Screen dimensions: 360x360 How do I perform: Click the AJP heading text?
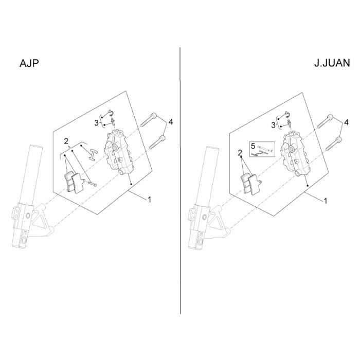tap(29, 63)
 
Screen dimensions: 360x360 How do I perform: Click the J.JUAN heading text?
tap(332, 63)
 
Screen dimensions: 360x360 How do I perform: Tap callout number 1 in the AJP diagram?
tap(150, 200)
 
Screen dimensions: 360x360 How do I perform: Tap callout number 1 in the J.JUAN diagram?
tap(326, 201)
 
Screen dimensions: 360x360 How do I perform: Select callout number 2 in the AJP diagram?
tap(66, 141)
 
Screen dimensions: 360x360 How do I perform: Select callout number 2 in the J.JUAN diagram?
tap(240, 152)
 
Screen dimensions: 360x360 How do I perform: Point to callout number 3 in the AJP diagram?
tap(97, 123)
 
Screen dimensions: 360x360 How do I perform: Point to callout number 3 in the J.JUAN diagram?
tap(273, 125)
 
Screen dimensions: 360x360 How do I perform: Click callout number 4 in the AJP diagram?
tap(170, 122)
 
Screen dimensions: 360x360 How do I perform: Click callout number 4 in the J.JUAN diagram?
tap(346, 122)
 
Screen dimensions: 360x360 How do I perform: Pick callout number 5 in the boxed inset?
tap(253, 146)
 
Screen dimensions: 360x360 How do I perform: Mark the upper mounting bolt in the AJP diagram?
tap(149, 119)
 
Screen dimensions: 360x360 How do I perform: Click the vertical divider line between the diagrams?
tap(180, 181)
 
